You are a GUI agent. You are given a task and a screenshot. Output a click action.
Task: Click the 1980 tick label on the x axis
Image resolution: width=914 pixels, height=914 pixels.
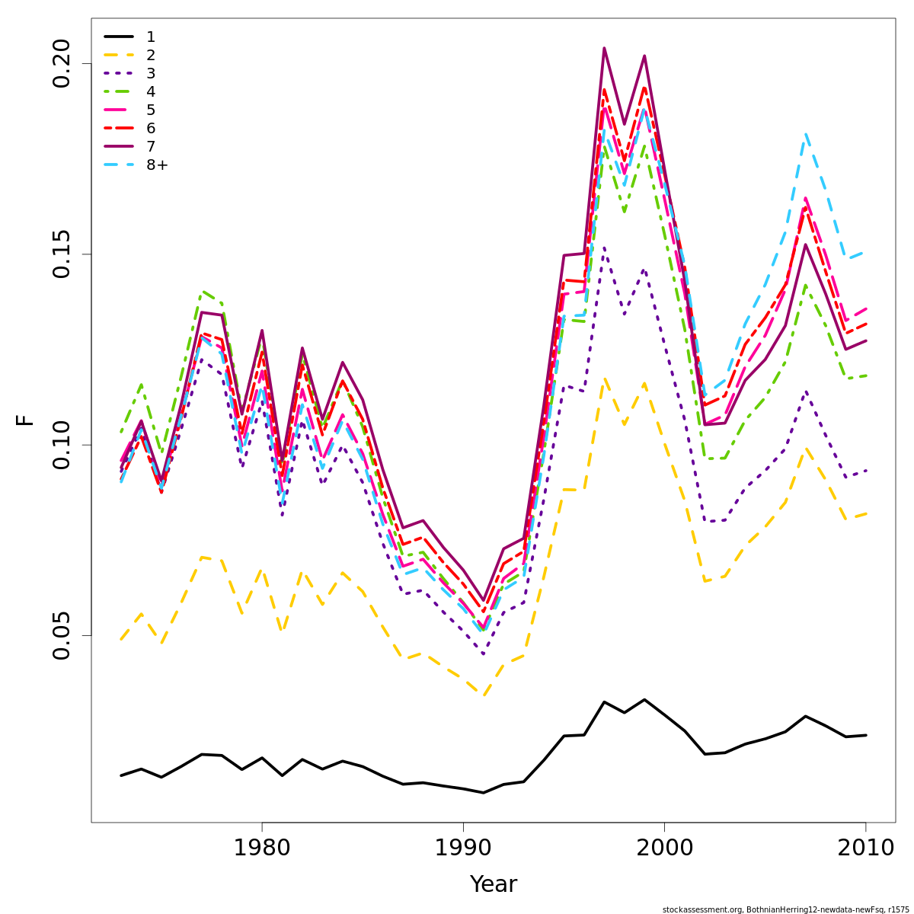point(262,848)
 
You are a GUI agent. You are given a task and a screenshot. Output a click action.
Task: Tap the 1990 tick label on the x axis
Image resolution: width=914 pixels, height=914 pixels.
point(463,848)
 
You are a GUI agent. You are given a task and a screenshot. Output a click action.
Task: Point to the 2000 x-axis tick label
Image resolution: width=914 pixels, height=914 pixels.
point(664,848)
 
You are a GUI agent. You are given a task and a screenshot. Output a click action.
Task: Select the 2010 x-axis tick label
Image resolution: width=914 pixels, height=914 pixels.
point(865,848)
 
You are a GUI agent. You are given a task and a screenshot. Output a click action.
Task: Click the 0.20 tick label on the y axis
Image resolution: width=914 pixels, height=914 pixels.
point(61,63)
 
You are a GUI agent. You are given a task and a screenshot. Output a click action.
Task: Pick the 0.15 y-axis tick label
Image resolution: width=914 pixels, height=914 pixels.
point(61,254)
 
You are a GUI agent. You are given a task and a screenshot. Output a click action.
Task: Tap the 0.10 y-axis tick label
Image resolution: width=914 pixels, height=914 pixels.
point(61,445)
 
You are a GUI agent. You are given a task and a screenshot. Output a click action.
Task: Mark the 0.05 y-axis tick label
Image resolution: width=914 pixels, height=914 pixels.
point(61,635)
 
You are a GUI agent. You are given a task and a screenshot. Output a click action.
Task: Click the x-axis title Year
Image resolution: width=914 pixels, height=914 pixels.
point(493,884)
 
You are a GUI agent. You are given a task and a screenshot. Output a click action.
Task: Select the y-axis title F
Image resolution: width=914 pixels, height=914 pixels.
point(25,420)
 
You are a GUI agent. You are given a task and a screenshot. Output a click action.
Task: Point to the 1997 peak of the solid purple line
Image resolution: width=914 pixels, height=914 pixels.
point(604,48)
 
